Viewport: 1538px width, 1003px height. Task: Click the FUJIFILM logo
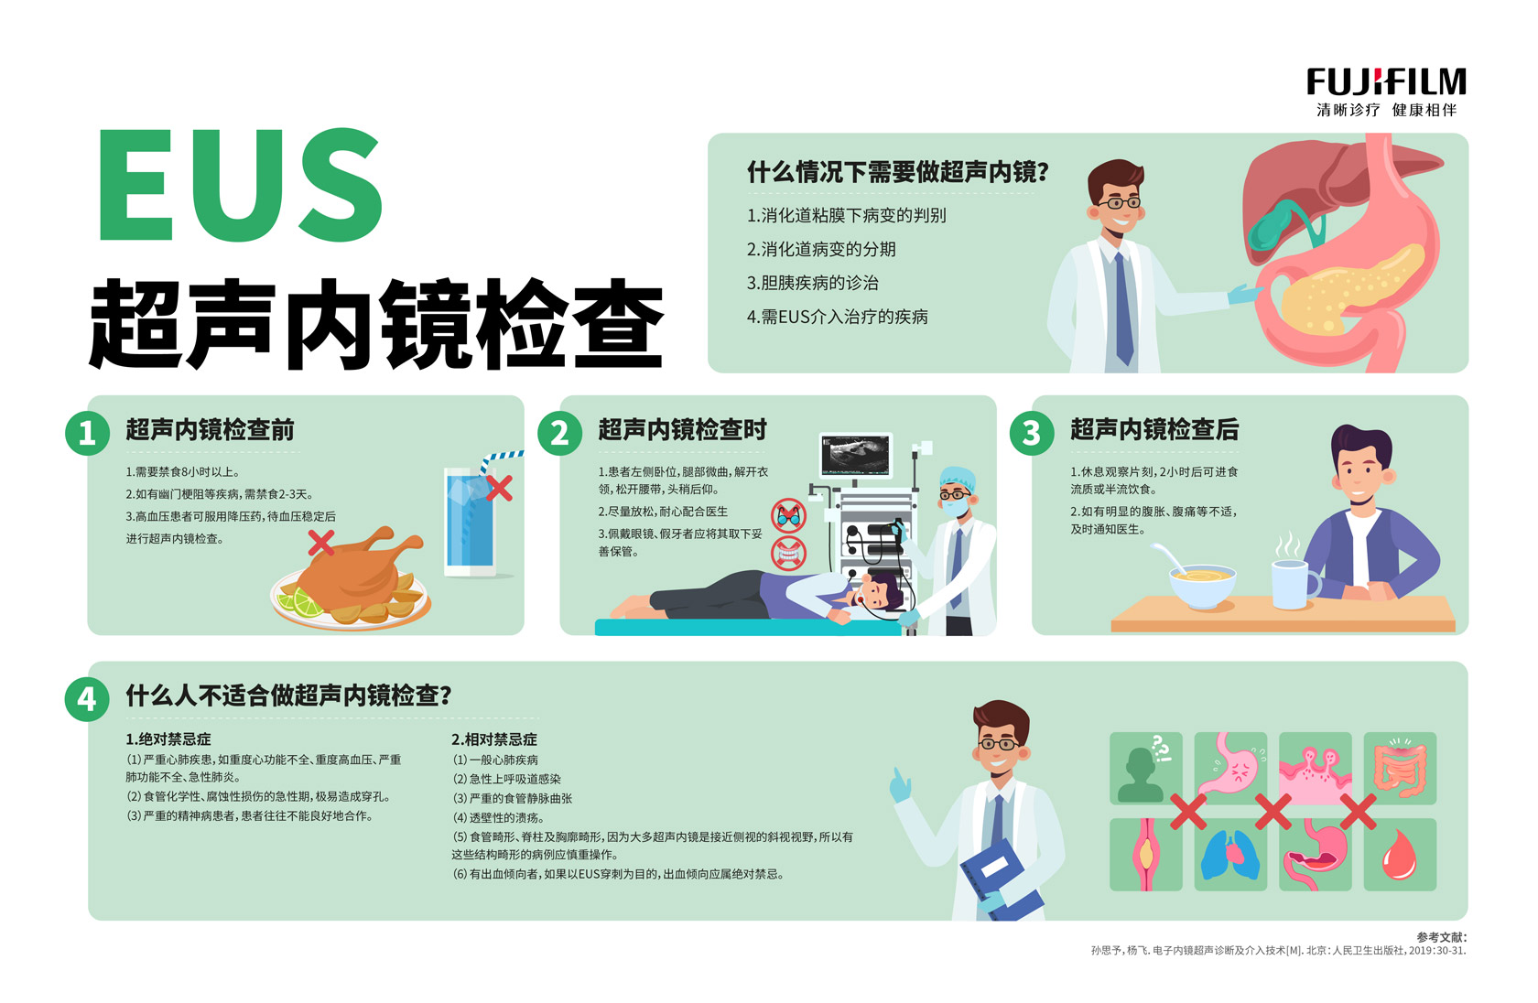pyautogui.click(x=1386, y=81)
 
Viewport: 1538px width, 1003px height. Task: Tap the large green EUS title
pyautogui.click(x=240, y=185)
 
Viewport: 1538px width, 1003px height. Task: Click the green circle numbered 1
pyautogui.click(x=87, y=433)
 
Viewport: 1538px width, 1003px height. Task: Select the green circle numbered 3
pyautogui.click(x=1031, y=433)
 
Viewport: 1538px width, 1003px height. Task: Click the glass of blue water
pyautogui.click(x=471, y=522)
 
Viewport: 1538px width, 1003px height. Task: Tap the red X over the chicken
pyautogui.click(x=320, y=543)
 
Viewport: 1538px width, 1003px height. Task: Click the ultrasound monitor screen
pyautogui.click(x=855, y=454)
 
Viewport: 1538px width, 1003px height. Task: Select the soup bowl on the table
pyautogui.click(x=1202, y=585)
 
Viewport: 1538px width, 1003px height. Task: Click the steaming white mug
pyautogui.click(x=1294, y=584)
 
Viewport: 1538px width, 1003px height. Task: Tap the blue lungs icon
pyautogui.click(x=1230, y=855)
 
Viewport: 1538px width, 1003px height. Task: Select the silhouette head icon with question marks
pyautogui.click(x=1145, y=768)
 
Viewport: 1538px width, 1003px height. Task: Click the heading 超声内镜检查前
pyautogui.click(x=210, y=430)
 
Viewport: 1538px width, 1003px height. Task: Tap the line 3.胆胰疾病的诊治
pyautogui.click(x=812, y=283)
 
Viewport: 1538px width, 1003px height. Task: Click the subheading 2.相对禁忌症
pyautogui.click(x=493, y=739)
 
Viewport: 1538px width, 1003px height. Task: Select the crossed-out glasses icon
pyautogui.click(x=788, y=515)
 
